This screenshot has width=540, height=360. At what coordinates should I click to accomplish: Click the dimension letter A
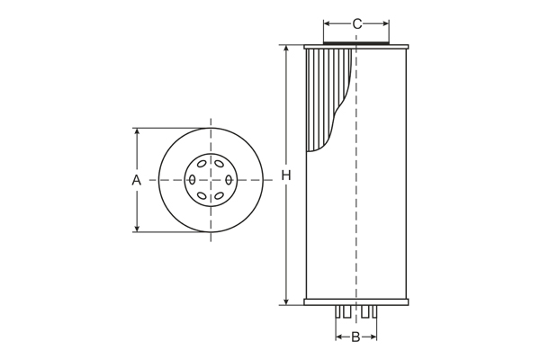pos(137,180)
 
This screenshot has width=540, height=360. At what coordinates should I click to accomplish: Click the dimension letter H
pos(286,175)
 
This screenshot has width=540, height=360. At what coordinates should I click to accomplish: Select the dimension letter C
pos(356,23)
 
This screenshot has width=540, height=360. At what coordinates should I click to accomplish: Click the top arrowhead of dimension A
pos(137,131)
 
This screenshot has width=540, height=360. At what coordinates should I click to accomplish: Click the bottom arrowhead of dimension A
pos(137,229)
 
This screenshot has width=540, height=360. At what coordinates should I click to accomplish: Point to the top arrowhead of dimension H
pos(286,49)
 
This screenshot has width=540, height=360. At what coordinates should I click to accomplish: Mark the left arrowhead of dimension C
pos(327,23)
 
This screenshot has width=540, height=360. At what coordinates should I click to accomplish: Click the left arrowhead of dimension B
pos(339,337)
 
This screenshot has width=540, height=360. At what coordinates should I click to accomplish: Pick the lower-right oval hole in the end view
pos(220,196)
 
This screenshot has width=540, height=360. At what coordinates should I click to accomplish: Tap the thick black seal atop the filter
pos(356,41)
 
